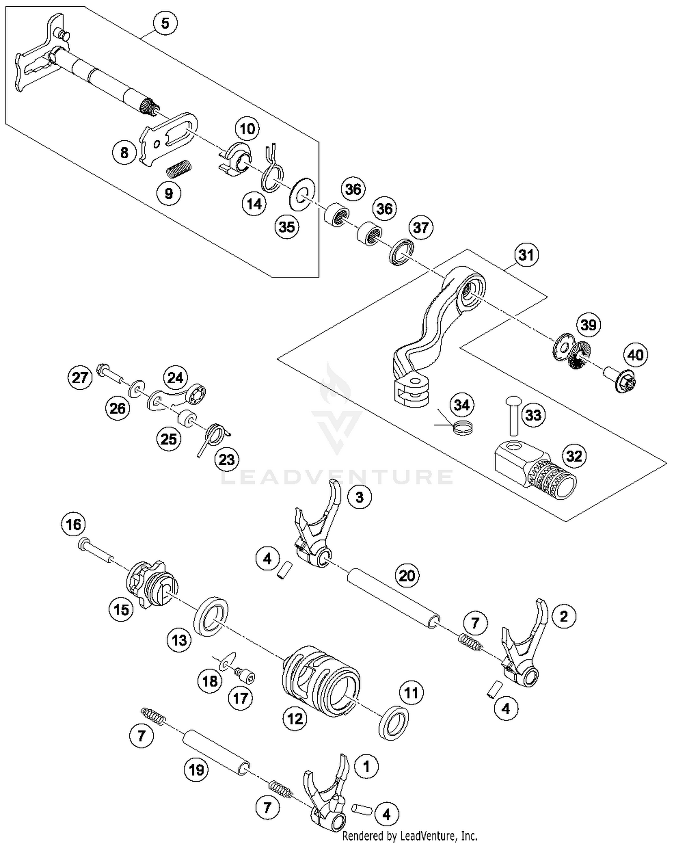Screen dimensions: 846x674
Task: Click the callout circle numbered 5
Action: point(165,23)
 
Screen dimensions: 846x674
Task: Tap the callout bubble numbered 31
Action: point(526,255)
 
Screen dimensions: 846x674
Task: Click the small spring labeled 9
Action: point(179,169)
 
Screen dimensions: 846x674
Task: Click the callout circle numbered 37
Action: point(421,227)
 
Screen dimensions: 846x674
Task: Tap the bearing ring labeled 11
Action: point(395,722)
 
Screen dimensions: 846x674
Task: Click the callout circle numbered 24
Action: point(175,377)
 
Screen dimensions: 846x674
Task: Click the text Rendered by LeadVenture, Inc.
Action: point(409,836)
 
